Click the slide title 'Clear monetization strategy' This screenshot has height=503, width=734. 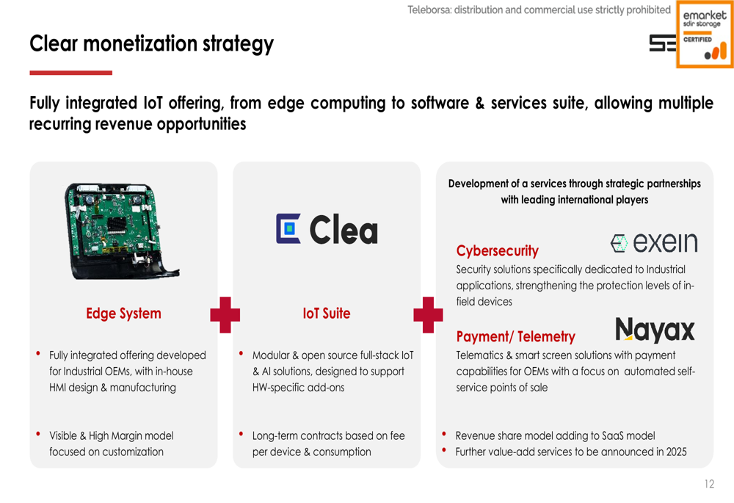pos(151,44)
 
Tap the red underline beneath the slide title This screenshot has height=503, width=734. pos(70,73)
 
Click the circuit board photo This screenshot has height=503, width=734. pos(122,231)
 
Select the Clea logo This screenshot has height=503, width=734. pos(327,229)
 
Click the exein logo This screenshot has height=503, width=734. pos(654,242)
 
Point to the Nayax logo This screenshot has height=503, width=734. pos(655,330)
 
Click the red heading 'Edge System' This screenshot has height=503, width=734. pos(123,314)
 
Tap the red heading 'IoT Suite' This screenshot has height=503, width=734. pos(327,314)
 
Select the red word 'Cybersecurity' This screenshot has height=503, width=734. pos(497,251)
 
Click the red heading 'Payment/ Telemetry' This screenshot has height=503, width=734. pos(515,337)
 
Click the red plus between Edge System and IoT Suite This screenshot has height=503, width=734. pos(225,315)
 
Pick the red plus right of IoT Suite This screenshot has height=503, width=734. pos(428,315)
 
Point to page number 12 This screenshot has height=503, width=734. pos(709,484)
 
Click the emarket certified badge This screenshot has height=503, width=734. pos(705,34)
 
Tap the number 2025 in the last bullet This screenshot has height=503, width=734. pos(675,452)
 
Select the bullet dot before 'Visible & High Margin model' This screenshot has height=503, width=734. pos(38,434)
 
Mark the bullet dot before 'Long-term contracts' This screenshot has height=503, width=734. pos(241,434)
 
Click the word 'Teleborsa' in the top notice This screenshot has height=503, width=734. pos(429,10)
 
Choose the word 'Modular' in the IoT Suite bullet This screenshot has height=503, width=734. pos(271,355)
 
